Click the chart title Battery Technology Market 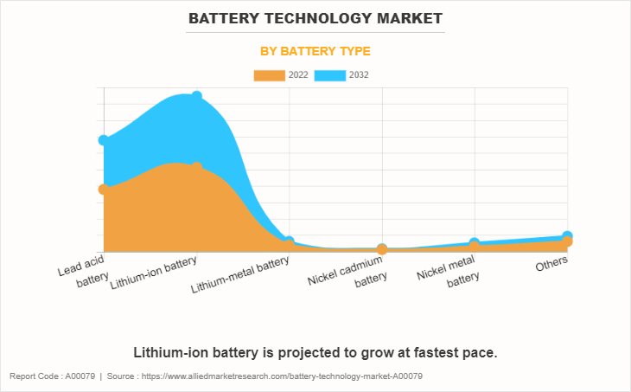[x=315, y=17]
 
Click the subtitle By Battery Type [x=315, y=51]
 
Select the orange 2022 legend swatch [x=270, y=75]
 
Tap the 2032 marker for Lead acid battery [x=104, y=140]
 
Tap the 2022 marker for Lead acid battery [x=104, y=189]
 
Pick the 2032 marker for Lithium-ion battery [x=197, y=96]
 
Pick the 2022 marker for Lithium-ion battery [x=197, y=167]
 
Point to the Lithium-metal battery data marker [x=290, y=242]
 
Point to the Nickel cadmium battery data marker [x=382, y=249]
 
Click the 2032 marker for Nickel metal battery [x=475, y=243]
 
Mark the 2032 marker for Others [x=567, y=236]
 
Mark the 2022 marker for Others [x=567, y=242]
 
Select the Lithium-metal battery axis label [x=240, y=273]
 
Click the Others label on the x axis [x=551, y=265]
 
